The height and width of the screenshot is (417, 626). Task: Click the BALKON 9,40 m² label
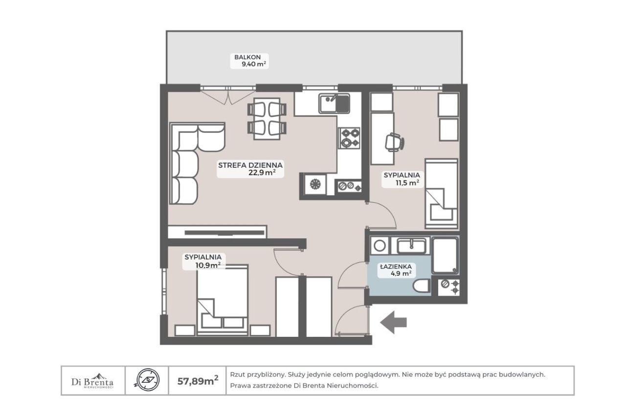coord(249,61)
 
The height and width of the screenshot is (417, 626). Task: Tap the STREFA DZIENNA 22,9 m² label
coord(250,169)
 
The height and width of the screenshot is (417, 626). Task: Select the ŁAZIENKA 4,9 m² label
coord(396,270)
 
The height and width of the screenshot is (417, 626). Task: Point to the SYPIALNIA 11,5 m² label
coord(402,179)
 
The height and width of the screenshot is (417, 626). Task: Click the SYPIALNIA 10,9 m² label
coord(203,261)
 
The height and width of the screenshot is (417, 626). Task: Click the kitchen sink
coord(335,103)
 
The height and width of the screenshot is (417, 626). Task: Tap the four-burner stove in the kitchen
coord(349,138)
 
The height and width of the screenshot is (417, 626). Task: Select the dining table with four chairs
coord(267,119)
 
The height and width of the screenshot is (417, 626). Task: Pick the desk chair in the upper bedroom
coord(394,142)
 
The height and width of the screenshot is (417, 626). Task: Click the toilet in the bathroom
coord(422,285)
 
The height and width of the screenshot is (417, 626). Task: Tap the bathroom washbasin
coord(411,246)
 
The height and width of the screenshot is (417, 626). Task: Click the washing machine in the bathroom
coord(379,246)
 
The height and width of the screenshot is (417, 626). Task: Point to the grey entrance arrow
coord(393,323)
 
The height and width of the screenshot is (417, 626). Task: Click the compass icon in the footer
coord(148,380)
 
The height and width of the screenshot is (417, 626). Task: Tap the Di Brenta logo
coord(92,381)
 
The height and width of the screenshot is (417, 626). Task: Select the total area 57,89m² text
coord(198,381)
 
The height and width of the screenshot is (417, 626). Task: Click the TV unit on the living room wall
coord(218,232)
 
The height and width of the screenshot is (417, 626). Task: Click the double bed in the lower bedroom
coord(222,300)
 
